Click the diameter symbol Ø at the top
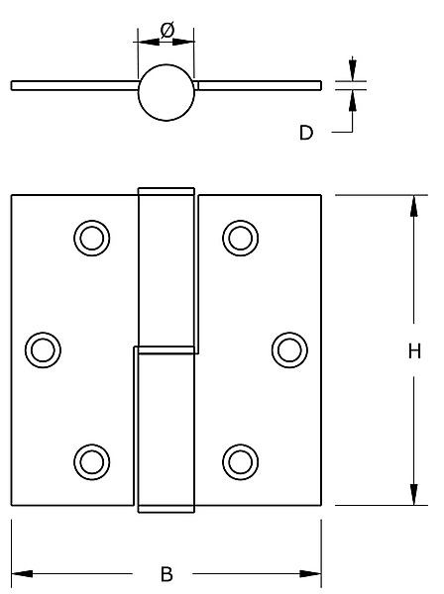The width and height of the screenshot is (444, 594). coord(167,31)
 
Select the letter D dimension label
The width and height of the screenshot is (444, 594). coord(306,133)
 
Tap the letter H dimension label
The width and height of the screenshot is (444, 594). coord(414,351)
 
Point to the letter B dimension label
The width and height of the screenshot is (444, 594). coord(166,574)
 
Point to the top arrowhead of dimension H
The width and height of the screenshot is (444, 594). coord(414,206)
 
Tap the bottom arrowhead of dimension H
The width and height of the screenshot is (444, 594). coord(414,494)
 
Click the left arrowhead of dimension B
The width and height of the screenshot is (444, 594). coord(22,573)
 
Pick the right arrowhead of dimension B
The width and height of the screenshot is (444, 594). coord(310,573)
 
